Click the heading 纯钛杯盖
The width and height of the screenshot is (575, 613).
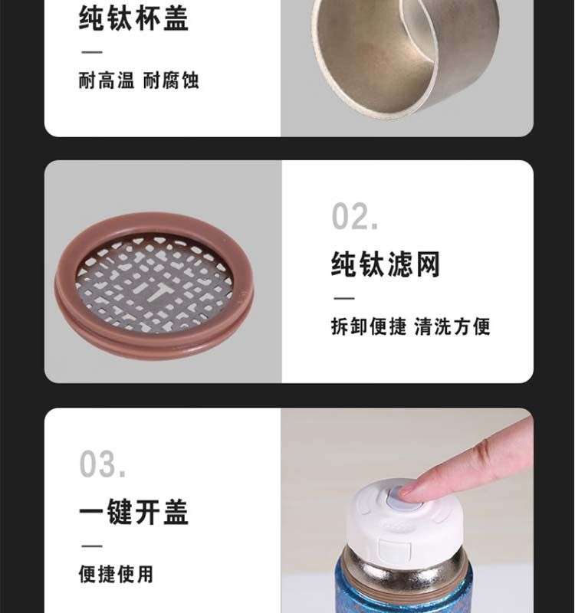coord(133,18)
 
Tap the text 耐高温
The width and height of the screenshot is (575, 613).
coord(107,80)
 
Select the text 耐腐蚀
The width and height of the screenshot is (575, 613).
coord(171,80)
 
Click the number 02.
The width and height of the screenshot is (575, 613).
coord(355,216)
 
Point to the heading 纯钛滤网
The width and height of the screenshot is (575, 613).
coord(386,264)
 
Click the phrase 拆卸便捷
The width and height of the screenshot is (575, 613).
coord(369,326)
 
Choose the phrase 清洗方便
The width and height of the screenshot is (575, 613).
coord(452,326)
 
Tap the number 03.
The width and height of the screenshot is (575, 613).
coord(103,464)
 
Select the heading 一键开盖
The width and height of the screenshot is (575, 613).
coord(133,512)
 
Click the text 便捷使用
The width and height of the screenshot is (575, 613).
coord(116,574)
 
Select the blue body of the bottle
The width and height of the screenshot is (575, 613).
coord(404,595)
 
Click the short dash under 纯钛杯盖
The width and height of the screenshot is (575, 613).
coord(92,51)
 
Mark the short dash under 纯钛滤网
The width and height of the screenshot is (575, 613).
coord(344,298)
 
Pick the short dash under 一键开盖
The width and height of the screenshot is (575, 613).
coord(92,546)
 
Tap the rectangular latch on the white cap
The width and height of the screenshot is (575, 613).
coord(395,549)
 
